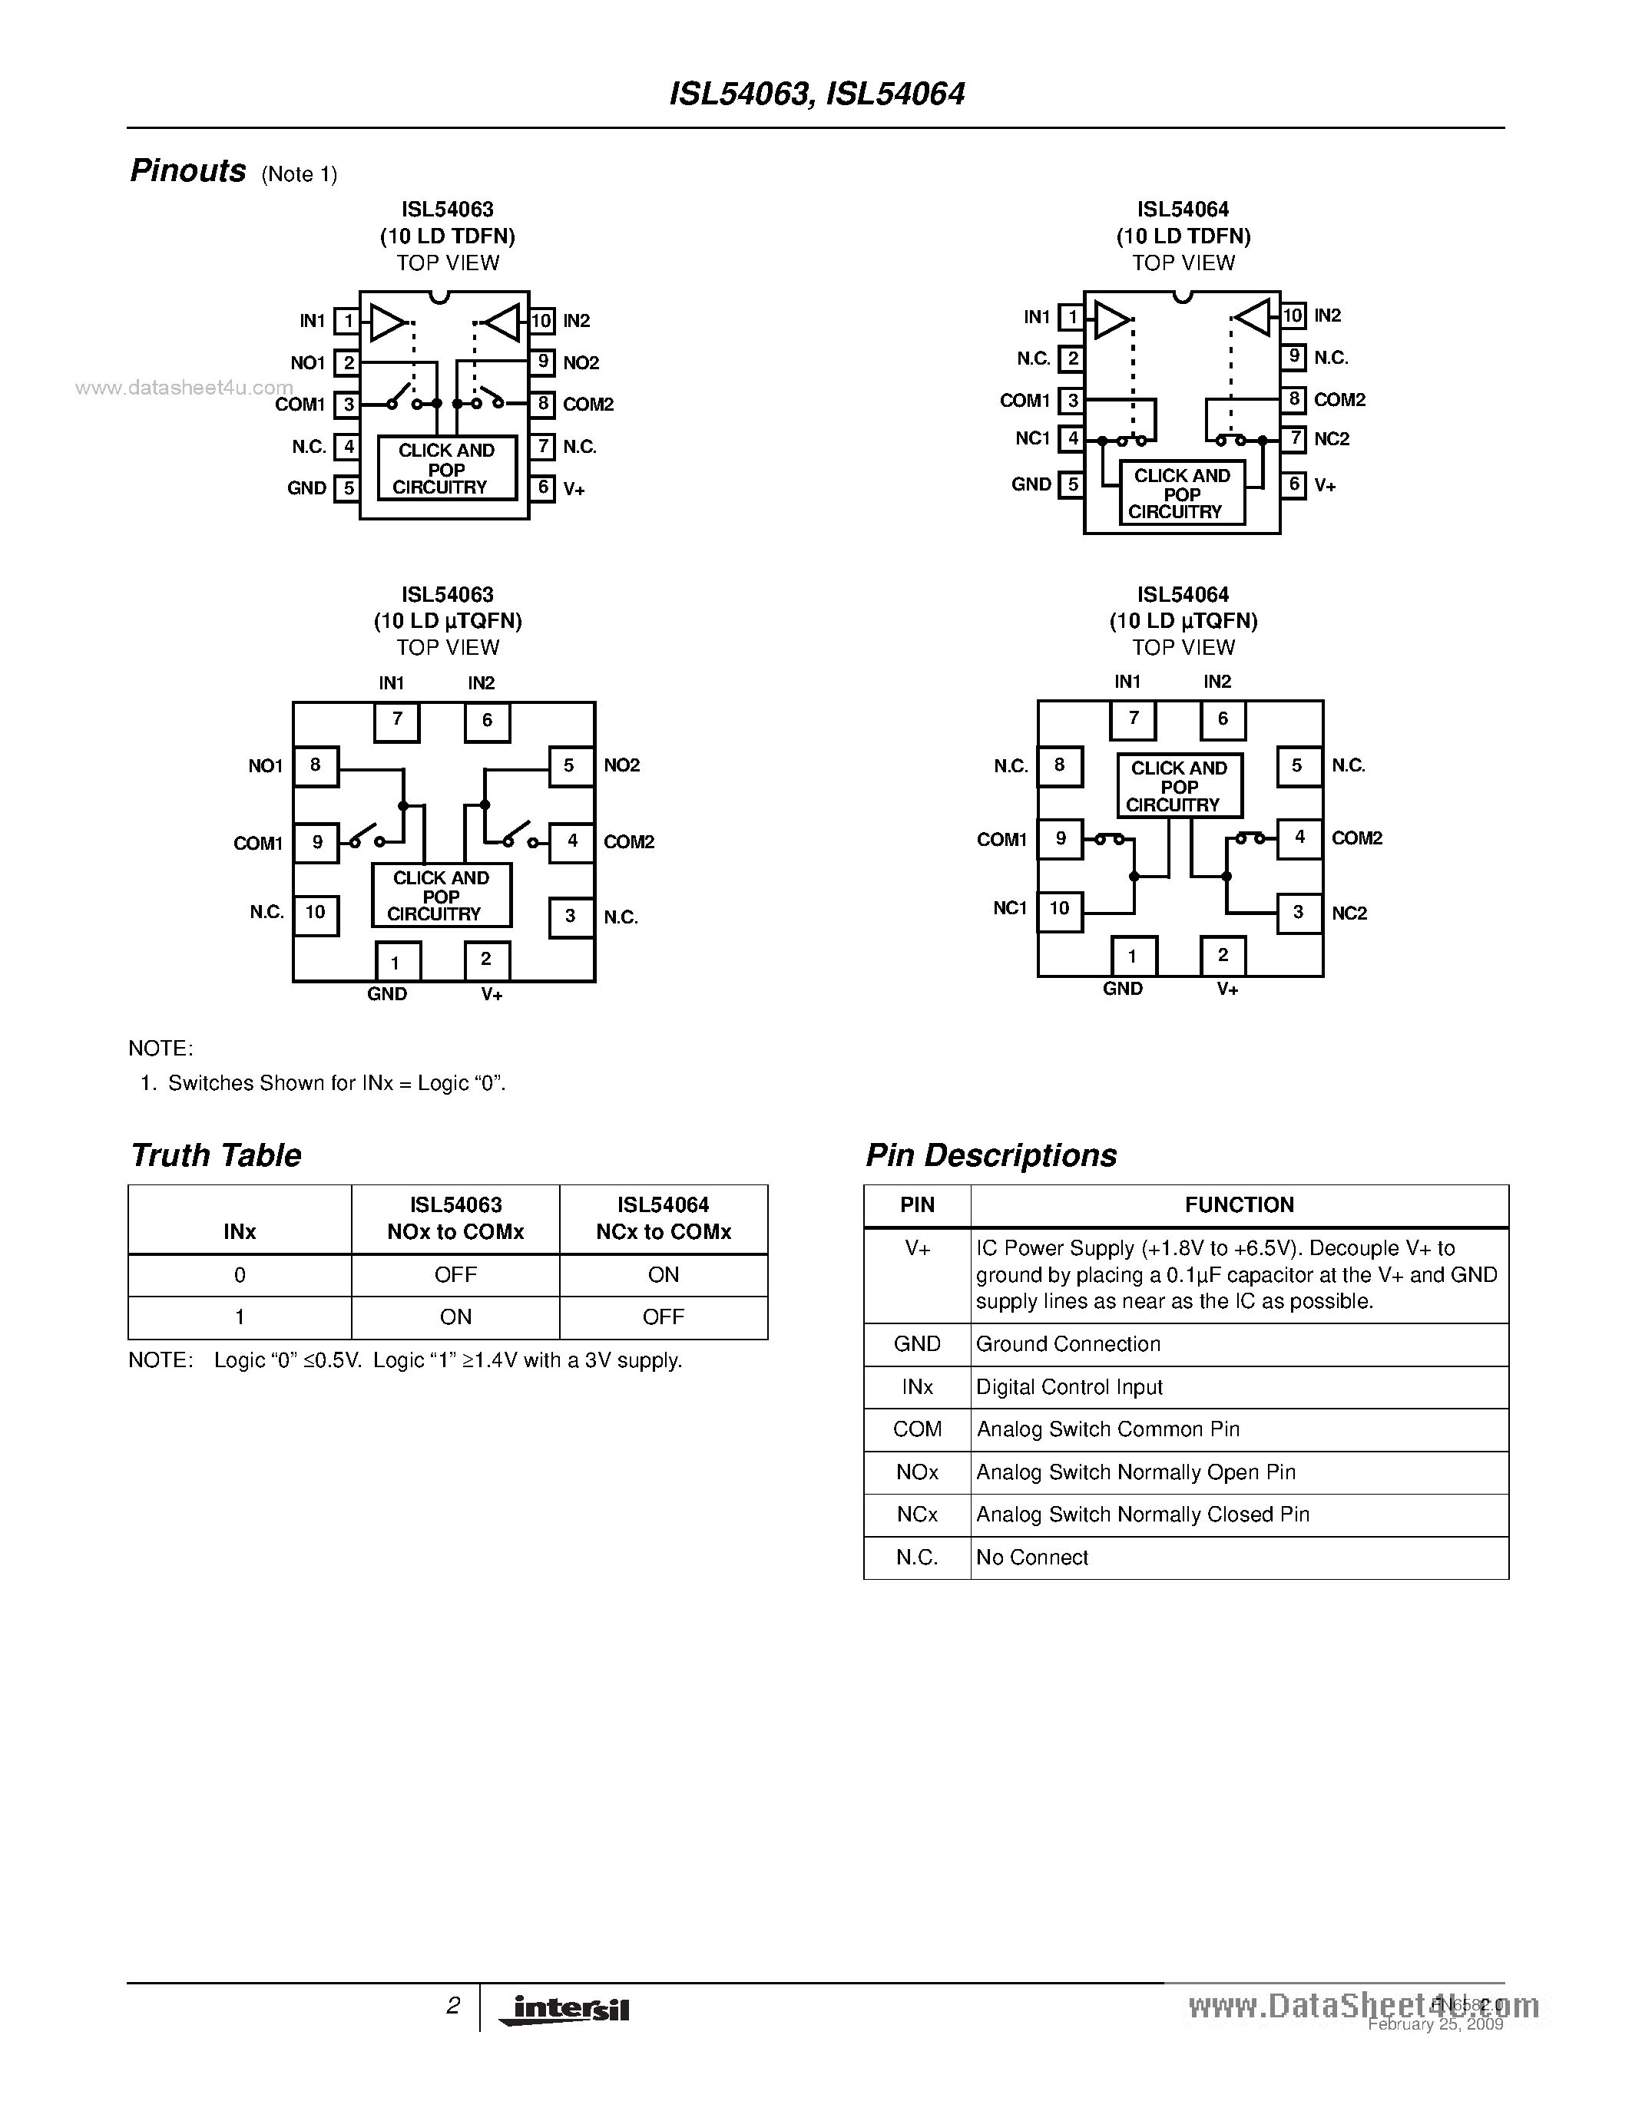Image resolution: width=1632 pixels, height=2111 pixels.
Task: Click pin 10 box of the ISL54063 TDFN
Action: (541, 321)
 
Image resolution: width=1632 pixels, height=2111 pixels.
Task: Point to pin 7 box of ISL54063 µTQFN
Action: (396, 721)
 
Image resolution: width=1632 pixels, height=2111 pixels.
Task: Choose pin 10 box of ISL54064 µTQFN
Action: (1060, 909)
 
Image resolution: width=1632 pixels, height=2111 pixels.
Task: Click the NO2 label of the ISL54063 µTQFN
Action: (621, 765)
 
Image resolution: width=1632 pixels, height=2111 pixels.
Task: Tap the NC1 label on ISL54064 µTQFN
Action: (1009, 909)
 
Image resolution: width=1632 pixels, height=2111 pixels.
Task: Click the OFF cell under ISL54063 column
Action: (455, 1275)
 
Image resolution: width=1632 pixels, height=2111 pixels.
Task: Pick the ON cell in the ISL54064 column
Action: (664, 1275)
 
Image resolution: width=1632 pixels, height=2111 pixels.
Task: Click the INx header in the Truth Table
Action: (240, 1231)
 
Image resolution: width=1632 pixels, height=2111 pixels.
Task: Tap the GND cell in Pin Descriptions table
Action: (916, 1344)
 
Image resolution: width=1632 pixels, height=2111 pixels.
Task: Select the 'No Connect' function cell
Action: (1032, 1558)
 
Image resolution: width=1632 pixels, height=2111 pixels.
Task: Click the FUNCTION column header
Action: (1239, 1205)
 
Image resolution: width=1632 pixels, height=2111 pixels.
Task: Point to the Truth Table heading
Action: (216, 1155)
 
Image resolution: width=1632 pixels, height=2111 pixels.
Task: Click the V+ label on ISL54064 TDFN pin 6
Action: (1325, 486)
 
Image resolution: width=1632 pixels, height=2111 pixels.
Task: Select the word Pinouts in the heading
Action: (188, 171)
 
